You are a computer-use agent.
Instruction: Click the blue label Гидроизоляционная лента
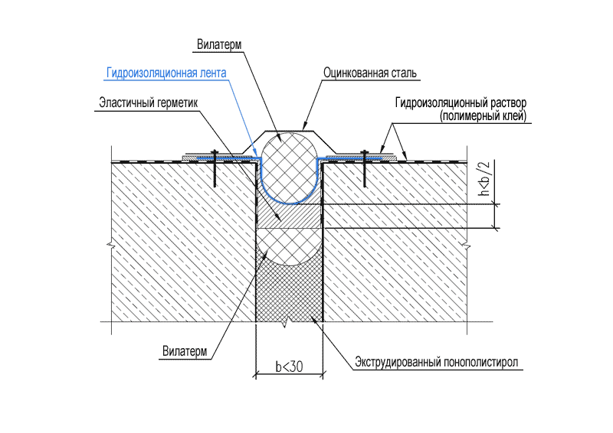[166, 73]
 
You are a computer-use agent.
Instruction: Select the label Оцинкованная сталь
[370, 73]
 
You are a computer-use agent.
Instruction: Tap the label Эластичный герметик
[148, 103]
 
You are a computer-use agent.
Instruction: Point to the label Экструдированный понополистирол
[436, 363]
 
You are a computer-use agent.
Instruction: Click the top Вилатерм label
[219, 44]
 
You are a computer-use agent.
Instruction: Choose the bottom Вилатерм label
[185, 351]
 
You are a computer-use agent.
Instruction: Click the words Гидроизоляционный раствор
[461, 103]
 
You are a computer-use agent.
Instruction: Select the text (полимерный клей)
[483, 116]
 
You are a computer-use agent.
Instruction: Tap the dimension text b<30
[289, 366]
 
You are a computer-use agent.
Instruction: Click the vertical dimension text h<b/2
[484, 178]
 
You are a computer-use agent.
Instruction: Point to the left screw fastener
[215, 168]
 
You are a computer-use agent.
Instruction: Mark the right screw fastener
[365, 168]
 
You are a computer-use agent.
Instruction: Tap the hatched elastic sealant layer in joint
[290, 216]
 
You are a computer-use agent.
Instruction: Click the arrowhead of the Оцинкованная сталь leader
[304, 128]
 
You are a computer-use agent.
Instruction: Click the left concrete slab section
[183, 242]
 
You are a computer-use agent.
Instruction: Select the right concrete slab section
[395, 242]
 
